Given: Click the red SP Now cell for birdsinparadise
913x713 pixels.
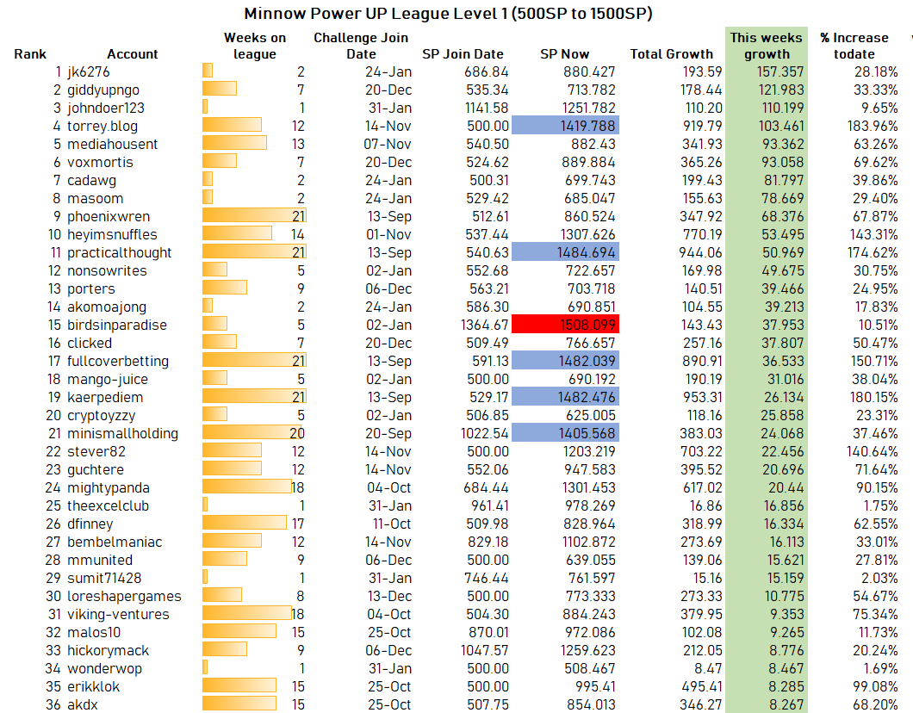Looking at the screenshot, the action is pos(565,324).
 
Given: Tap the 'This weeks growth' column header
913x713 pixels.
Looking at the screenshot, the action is pos(767,46).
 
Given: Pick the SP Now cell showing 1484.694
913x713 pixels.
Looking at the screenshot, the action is pos(565,252).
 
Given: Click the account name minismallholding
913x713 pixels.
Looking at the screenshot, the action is pos(123,434).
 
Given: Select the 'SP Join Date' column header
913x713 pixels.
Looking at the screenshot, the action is pos(463,54).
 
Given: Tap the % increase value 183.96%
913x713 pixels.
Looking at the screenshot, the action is pos(873,126).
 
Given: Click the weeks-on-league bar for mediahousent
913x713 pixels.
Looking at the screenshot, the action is pos(234,143).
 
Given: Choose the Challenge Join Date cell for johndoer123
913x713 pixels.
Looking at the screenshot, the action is pos(389,108).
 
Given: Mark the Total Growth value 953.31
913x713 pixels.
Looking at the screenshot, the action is pos(702,397).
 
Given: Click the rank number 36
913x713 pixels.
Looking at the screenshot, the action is pos(53,704).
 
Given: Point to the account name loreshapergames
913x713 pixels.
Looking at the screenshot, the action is pos(124,597).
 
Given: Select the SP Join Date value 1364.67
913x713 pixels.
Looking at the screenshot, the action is pos(484,325).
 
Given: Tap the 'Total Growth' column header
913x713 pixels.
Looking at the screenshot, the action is pos(671,54).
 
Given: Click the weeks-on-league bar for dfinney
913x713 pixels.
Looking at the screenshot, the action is pos(245,522).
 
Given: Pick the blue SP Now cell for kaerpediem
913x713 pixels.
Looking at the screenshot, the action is pos(565,396).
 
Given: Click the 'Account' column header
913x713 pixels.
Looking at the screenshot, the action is pos(132,54).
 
